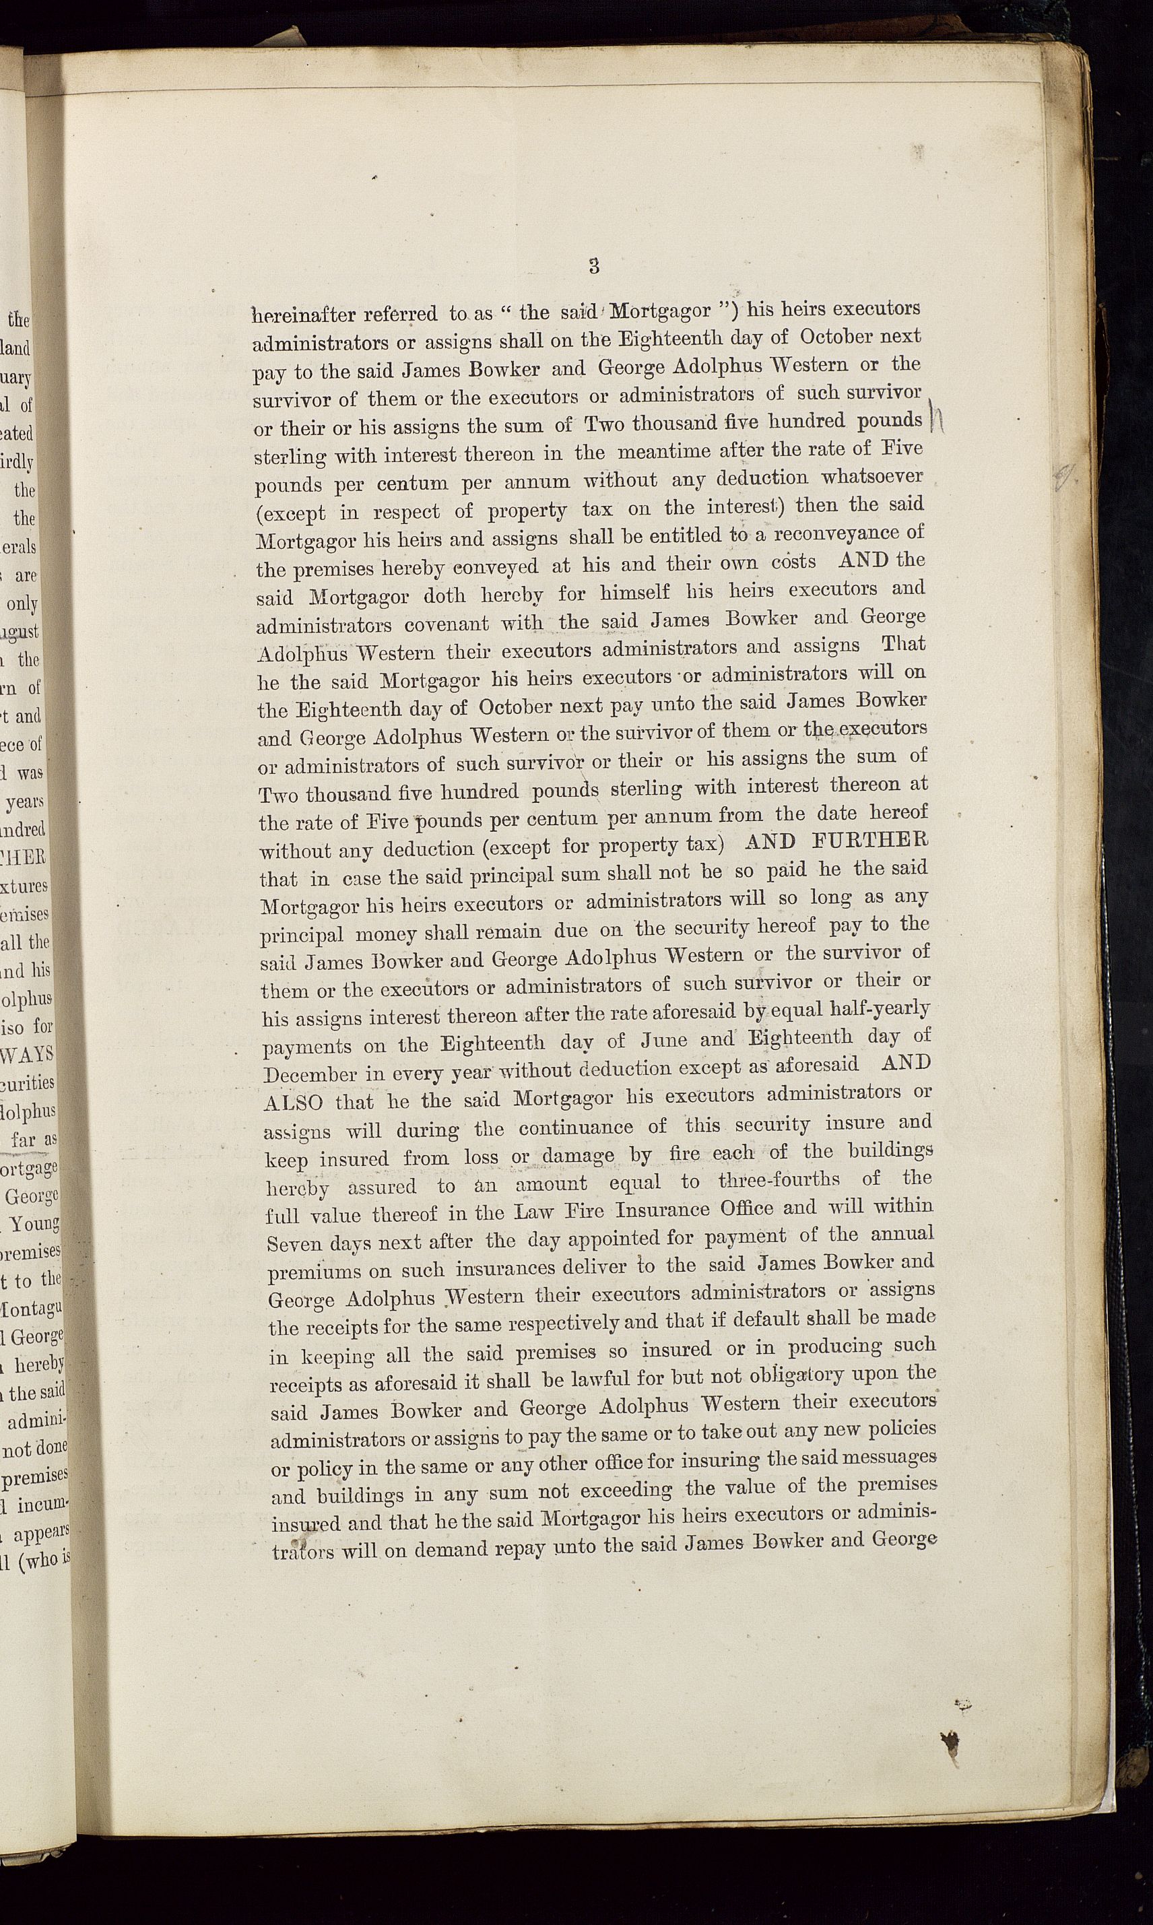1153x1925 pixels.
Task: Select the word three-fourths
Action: pos(779,1181)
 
